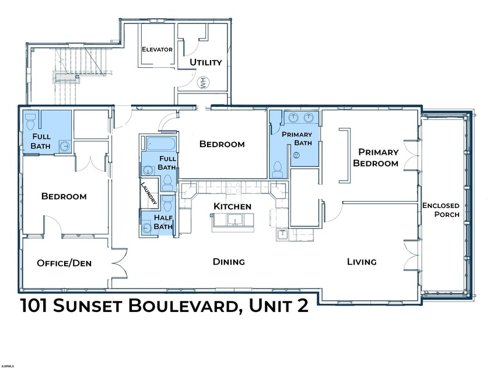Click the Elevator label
(x=157, y=50)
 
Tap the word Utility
(x=205, y=62)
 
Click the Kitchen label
(x=232, y=206)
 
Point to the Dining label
(x=229, y=262)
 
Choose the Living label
(x=362, y=262)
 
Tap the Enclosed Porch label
(x=441, y=210)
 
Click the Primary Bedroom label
(x=379, y=158)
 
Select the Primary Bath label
(x=297, y=138)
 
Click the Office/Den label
(x=64, y=263)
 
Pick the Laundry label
(x=149, y=193)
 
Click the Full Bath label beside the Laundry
(x=167, y=163)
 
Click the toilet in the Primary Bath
(x=278, y=169)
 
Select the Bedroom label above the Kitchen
(x=222, y=144)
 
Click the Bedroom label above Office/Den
(x=64, y=196)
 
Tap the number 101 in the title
(x=41, y=305)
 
